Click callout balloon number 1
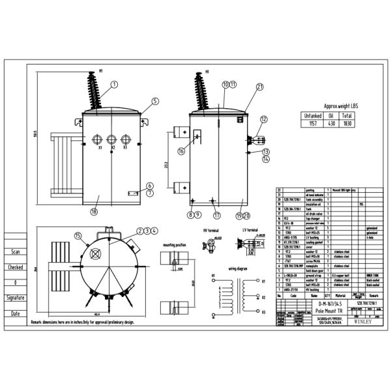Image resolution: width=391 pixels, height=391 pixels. [115, 84]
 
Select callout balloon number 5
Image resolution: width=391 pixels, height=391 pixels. [155, 101]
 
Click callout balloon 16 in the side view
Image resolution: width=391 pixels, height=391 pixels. [181, 151]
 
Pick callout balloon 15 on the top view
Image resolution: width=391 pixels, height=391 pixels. [78, 236]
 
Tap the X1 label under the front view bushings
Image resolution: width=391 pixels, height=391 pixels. [100, 149]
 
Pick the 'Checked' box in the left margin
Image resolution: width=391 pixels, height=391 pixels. [15, 267]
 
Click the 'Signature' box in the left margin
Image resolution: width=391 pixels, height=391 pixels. [15, 297]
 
